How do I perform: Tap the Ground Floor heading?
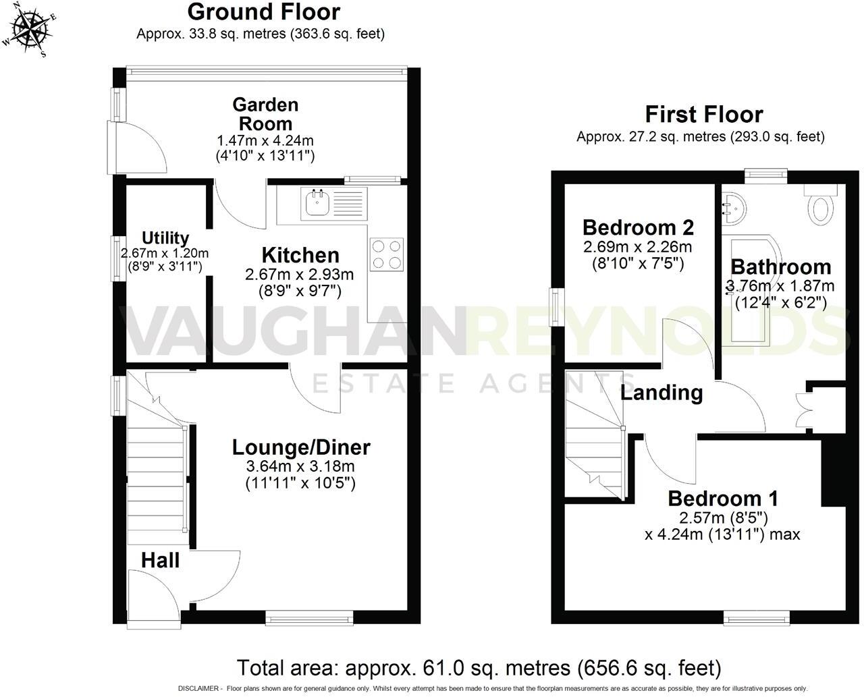coord(263,11)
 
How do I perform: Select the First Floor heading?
coord(703,114)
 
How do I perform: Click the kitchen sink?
coord(316,202)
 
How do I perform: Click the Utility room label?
coord(165,238)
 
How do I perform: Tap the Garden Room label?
coord(265,114)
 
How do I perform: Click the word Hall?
coord(161,560)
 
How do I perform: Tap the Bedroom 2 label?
coord(638,227)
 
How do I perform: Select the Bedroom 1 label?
coord(722,499)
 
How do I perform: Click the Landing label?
coord(661,392)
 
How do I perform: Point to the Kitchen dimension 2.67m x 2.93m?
coord(300,275)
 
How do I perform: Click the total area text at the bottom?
coord(479,668)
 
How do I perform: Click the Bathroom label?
coord(780,267)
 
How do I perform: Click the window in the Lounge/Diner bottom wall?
coord(309,615)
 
